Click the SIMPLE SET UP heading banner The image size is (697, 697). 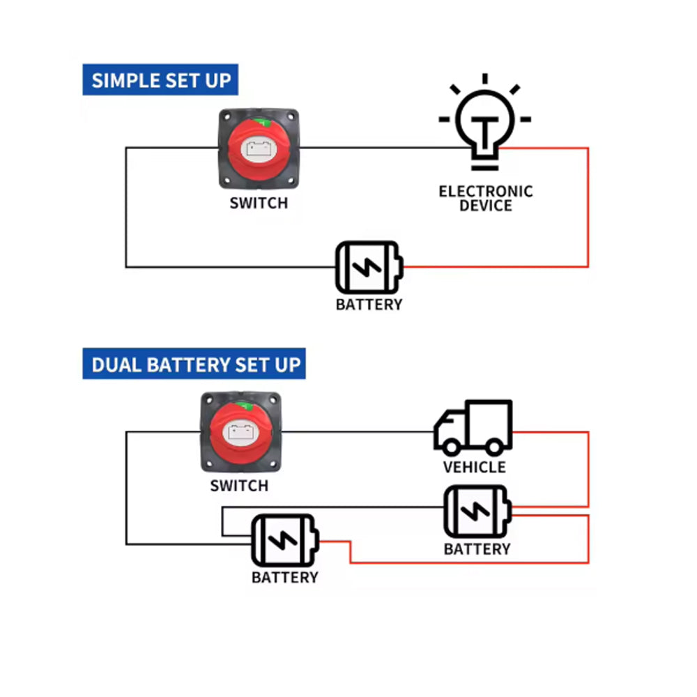(x=160, y=79)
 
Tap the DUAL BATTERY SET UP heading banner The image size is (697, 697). (x=194, y=364)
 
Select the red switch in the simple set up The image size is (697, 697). (x=259, y=148)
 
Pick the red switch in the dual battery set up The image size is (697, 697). (x=240, y=432)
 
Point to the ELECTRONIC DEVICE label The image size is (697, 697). (x=485, y=198)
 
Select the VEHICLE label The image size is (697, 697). (x=475, y=467)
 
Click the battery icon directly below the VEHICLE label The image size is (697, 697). (x=477, y=512)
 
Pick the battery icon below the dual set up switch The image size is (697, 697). (x=285, y=542)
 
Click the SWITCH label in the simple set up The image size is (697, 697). (x=259, y=204)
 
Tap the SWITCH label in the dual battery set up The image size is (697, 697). (x=239, y=486)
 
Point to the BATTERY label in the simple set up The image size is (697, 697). (x=369, y=305)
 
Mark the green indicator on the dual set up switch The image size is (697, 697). (x=245, y=406)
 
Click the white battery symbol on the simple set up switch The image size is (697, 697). (x=259, y=149)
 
